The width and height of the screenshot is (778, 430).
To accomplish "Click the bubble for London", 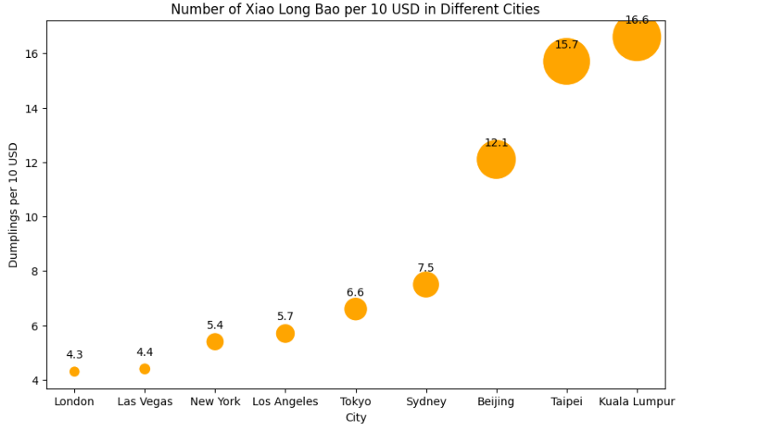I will click(74, 371).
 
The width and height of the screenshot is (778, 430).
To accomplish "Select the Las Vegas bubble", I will click(145, 369).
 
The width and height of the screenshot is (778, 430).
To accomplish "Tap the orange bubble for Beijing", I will click(496, 159).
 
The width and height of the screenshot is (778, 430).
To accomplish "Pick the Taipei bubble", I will click(567, 61).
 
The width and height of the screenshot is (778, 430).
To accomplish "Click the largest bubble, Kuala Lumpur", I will click(637, 37).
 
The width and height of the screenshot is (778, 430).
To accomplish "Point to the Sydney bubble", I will click(426, 284).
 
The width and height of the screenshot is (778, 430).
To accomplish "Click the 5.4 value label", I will click(215, 325).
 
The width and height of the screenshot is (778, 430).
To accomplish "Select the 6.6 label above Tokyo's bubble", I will click(355, 293).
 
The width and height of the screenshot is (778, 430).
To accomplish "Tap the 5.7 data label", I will click(285, 317).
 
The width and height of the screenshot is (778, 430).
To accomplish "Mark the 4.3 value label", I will click(74, 355).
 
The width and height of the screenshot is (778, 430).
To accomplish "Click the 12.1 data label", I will click(496, 143).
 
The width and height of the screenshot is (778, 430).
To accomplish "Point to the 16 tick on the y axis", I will click(32, 54).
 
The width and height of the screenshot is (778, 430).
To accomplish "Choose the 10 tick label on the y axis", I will click(32, 217).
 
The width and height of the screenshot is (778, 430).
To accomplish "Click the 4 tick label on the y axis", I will click(36, 381).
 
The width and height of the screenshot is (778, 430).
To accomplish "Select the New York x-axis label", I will click(215, 402).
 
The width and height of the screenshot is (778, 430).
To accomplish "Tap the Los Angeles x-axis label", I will click(285, 402).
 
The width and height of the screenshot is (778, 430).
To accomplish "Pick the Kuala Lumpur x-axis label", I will click(637, 402).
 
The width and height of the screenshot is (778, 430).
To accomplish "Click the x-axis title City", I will click(355, 417).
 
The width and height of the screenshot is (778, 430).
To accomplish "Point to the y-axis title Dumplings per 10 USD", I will click(14, 205).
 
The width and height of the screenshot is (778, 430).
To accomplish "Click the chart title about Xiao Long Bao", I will click(355, 9).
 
